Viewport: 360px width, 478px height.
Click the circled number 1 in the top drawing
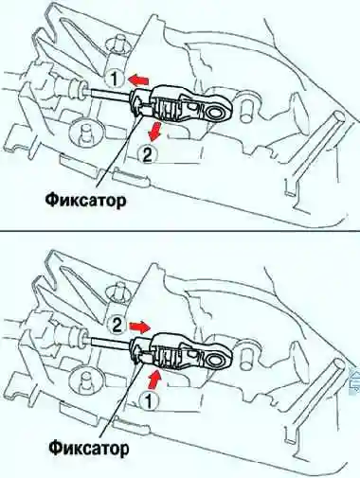[x=115, y=79]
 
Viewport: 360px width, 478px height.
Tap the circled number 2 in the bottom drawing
[x=117, y=325]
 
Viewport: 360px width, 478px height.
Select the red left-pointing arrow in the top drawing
[x=138, y=80]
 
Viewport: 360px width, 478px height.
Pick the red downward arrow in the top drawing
[x=154, y=132]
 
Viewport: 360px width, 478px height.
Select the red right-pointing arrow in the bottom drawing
[x=140, y=327]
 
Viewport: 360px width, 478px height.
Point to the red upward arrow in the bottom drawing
[x=153, y=379]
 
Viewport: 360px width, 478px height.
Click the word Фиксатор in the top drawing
[x=85, y=200]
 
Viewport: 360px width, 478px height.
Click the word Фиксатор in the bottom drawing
[x=88, y=448]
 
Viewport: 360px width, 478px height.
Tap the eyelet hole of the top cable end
[x=215, y=113]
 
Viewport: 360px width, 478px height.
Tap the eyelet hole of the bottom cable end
[x=215, y=360]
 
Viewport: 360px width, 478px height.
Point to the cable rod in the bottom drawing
[x=111, y=342]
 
